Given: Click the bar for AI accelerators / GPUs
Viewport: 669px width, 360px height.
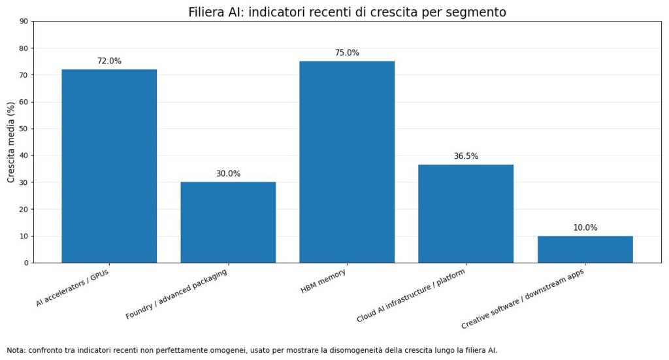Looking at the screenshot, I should [109, 166].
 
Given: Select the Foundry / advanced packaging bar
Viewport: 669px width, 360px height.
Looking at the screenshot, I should [228, 222].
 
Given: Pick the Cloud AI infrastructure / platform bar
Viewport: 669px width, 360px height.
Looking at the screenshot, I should [466, 214].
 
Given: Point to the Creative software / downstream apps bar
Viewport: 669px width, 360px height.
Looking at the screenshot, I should [585, 249].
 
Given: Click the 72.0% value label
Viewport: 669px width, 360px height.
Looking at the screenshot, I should [109, 61].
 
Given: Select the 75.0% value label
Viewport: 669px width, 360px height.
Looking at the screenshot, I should [347, 53].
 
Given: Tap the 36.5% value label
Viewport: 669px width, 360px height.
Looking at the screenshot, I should [466, 156].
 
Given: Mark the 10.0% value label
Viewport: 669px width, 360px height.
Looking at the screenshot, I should [585, 227].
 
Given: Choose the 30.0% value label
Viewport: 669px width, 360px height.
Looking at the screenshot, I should [228, 174].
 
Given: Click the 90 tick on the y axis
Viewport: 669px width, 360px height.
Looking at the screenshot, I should [24, 21].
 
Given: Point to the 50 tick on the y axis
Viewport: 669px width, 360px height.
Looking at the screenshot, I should [24, 129].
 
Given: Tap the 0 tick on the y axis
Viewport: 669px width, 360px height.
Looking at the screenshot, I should [26, 263].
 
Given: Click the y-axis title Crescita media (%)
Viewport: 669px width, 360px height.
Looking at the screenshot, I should [11, 142].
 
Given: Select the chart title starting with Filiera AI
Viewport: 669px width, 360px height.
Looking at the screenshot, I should [347, 12].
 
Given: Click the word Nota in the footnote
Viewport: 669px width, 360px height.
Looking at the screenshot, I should [16, 350].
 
